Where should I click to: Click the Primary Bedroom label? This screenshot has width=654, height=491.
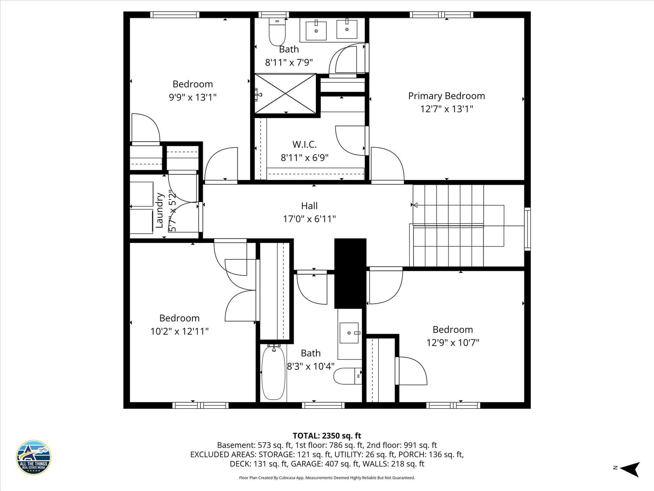(447, 96)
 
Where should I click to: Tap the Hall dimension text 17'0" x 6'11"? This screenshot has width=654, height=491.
(309, 219)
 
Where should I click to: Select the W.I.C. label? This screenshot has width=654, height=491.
(305, 145)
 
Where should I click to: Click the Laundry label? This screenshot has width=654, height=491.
(159, 210)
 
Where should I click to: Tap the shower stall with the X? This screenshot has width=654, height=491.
(285, 93)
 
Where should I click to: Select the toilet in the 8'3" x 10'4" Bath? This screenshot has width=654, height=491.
(347, 376)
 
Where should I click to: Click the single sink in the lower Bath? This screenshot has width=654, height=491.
(349, 333)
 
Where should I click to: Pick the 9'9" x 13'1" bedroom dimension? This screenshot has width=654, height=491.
(193, 98)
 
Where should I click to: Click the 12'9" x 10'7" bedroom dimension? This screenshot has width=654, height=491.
(453, 343)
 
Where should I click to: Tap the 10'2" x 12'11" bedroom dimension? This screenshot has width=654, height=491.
(180, 331)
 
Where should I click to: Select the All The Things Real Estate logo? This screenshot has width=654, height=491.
(33, 457)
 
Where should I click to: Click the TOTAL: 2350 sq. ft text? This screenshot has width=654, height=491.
(327, 436)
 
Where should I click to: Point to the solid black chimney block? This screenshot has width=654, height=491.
(350, 273)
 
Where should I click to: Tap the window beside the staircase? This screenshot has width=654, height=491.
(527, 229)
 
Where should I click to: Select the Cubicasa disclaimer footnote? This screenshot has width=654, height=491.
(327, 478)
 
